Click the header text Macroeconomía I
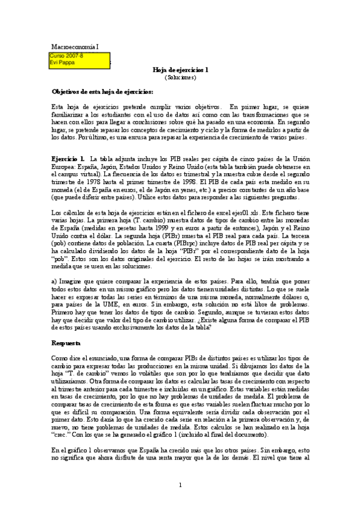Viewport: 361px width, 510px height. [74, 46]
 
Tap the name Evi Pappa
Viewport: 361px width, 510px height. [62, 62]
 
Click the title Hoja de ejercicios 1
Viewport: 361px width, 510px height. [180, 69]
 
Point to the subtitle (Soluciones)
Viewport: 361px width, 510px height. [180, 77]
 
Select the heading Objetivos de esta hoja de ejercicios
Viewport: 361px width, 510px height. [102, 91]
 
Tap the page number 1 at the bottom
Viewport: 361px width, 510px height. [180, 485]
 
